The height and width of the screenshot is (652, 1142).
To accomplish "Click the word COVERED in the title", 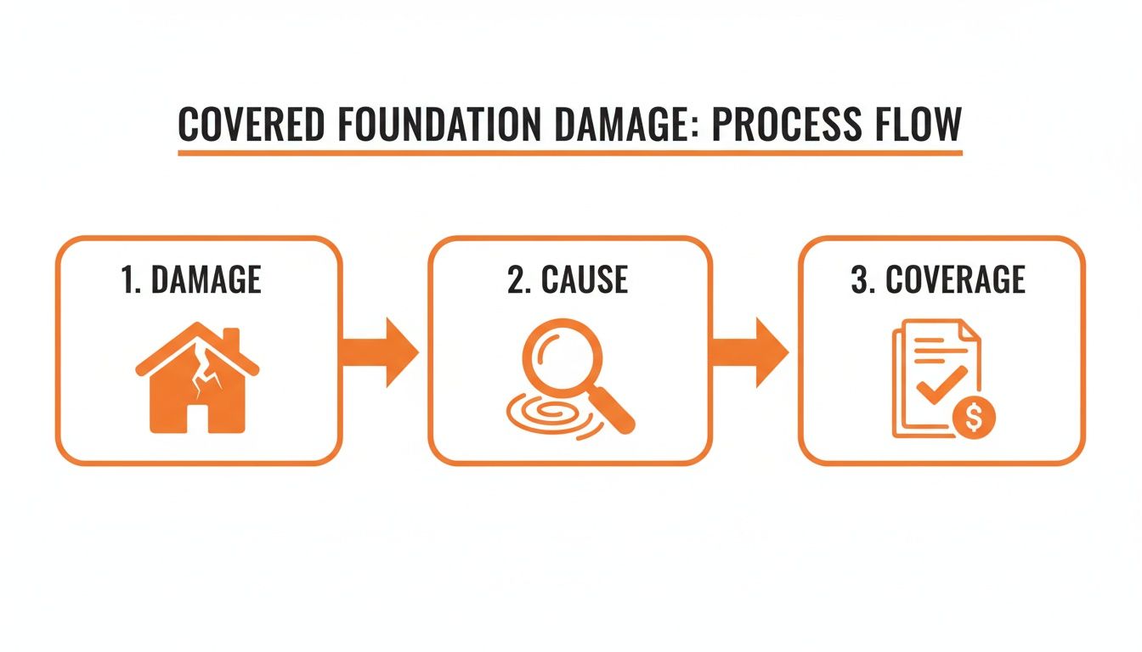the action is [x=251, y=125].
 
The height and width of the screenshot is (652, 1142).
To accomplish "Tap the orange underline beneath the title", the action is [x=570, y=154].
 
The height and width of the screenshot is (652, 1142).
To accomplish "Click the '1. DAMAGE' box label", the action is [x=191, y=280].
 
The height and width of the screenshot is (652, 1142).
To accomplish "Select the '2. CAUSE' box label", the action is [x=568, y=280].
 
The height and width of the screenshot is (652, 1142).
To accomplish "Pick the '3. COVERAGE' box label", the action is [x=938, y=280].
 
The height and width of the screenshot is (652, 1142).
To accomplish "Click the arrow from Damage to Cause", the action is [x=380, y=352].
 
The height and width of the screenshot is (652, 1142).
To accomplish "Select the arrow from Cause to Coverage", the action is [x=749, y=352].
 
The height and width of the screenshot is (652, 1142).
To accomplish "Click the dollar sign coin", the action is [x=974, y=418].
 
